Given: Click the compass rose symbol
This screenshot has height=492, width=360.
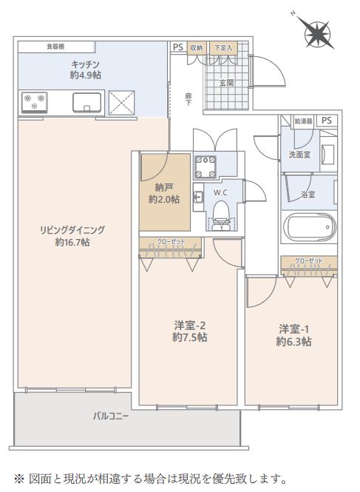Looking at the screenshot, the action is coord(317,33).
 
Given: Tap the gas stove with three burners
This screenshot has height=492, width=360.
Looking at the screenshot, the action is coord(35,102).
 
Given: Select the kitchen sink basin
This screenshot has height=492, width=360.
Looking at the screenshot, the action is coord(87,102).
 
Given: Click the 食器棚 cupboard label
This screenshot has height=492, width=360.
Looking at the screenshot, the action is coord(56,47).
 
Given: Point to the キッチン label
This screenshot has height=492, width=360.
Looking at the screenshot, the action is coord(85,64).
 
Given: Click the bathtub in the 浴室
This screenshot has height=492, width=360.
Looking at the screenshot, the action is coord(310,226).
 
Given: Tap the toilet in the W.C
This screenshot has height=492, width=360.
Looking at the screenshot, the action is coord(221,215).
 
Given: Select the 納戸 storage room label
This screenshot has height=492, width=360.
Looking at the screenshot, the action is coord(164,188).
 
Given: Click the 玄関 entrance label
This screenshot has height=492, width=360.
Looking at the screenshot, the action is coord(226,83).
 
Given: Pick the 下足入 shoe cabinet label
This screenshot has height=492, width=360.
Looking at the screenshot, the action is coord(223,47).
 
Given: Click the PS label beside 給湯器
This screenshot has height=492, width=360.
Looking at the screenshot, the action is coord(327,121).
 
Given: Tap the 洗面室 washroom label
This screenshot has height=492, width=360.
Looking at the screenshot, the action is coord(299,155).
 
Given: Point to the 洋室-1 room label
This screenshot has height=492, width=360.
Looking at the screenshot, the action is coord(293,329).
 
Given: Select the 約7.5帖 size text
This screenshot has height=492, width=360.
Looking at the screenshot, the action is coord(189,337).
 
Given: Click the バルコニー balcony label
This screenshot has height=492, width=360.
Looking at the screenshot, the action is coord(111,417).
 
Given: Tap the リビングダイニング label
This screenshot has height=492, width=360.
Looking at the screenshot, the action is coord(72,230).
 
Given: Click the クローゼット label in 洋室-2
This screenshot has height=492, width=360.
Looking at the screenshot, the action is coord(171,242).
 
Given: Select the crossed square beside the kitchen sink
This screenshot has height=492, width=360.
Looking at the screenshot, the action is coord(122,101).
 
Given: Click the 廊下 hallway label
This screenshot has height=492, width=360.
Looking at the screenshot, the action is coord(189,99).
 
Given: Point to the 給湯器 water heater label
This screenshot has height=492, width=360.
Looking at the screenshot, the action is coord(303,121).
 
